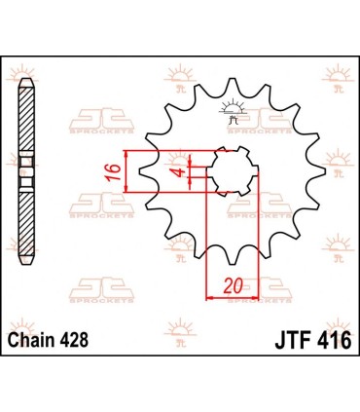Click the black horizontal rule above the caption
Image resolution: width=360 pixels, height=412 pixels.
coord(180,323)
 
